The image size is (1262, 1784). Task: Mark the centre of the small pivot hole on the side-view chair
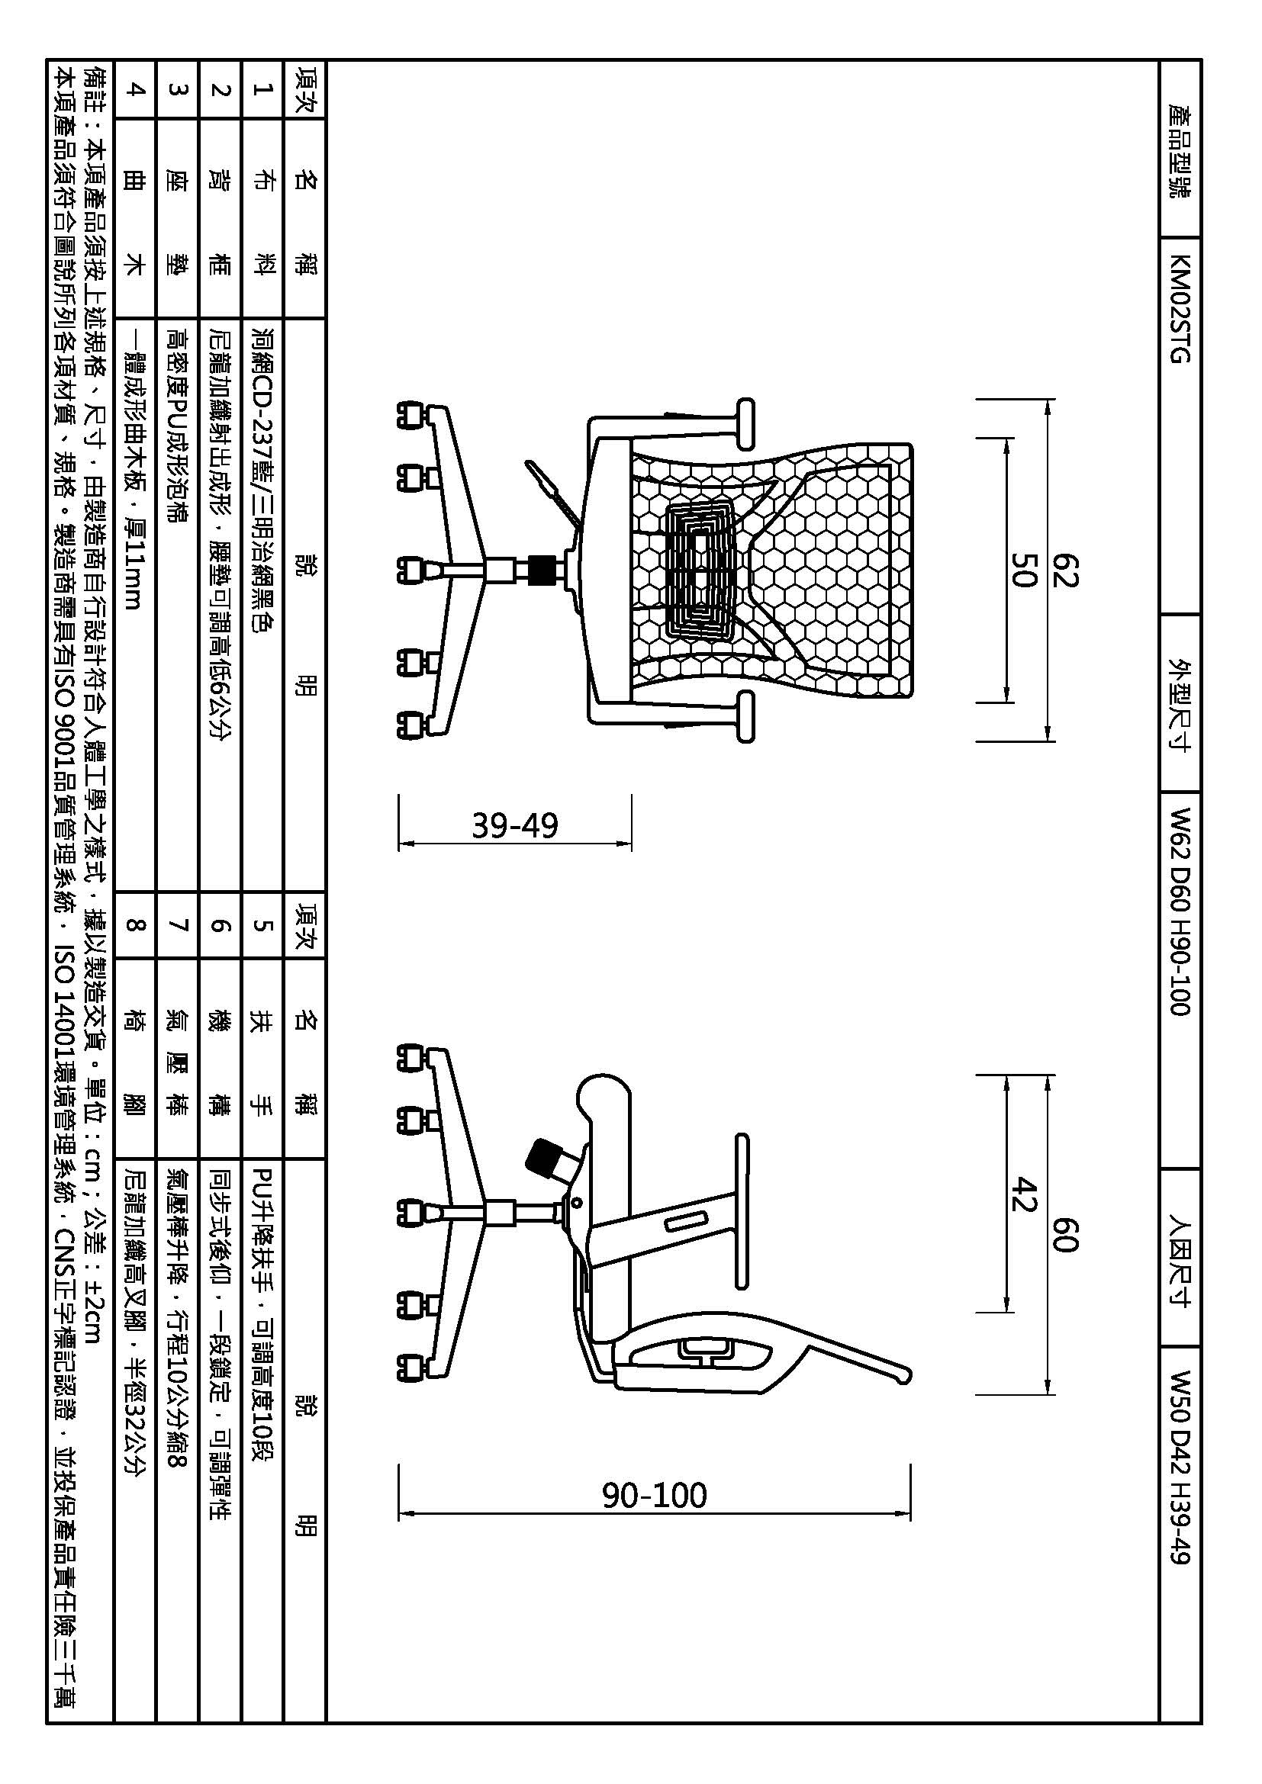(x=577, y=1204)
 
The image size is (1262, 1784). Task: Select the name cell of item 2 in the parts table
(x=220, y=218)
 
